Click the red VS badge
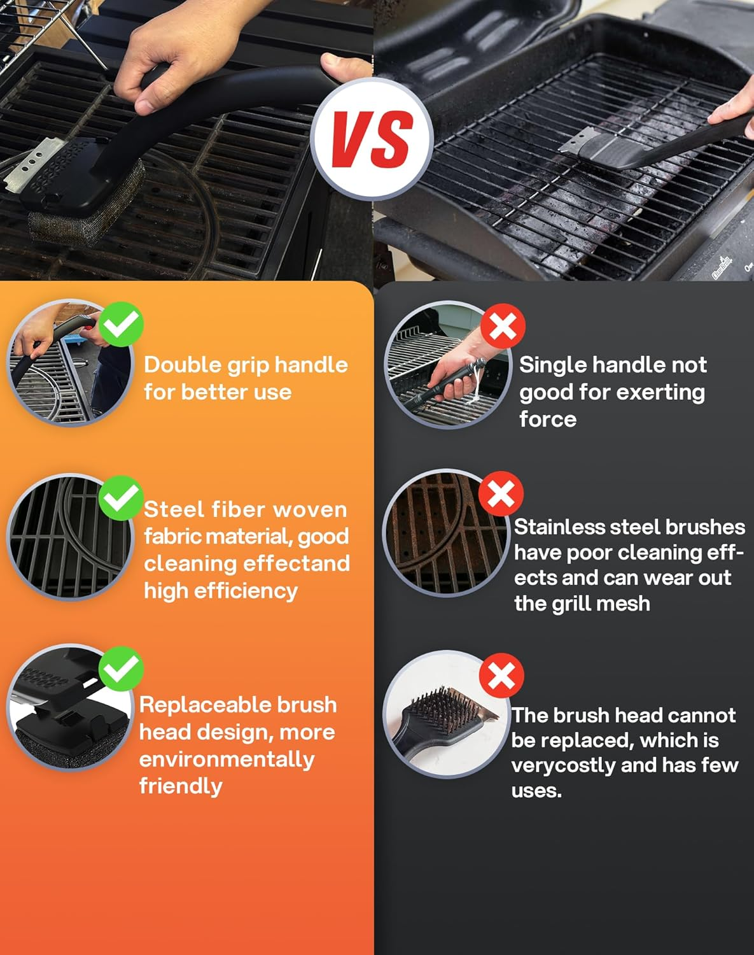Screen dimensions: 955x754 click(373, 139)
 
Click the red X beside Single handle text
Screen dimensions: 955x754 click(503, 326)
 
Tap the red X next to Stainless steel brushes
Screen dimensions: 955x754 click(501, 493)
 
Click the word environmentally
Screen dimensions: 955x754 click(227, 759)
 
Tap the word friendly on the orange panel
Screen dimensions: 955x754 click(181, 786)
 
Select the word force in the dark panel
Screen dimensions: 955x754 click(548, 420)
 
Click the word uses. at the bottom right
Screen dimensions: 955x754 click(536, 791)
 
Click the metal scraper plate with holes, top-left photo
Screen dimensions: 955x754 click(35, 164)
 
